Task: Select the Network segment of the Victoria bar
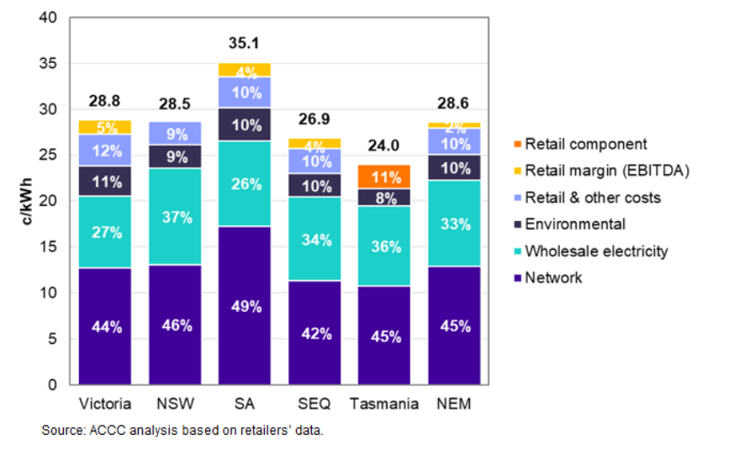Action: (104, 326)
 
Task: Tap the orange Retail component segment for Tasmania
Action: (383, 177)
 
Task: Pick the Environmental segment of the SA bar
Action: (244, 124)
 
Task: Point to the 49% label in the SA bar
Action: (244, 306)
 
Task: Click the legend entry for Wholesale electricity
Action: (596, 251)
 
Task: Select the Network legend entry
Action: (553, 277)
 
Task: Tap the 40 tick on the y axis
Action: (47, 18)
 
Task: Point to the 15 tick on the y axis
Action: (47, 248)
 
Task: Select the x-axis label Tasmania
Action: (383, 404)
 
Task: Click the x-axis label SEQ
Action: (314, 404)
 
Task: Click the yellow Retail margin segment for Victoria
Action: (104, 127)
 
